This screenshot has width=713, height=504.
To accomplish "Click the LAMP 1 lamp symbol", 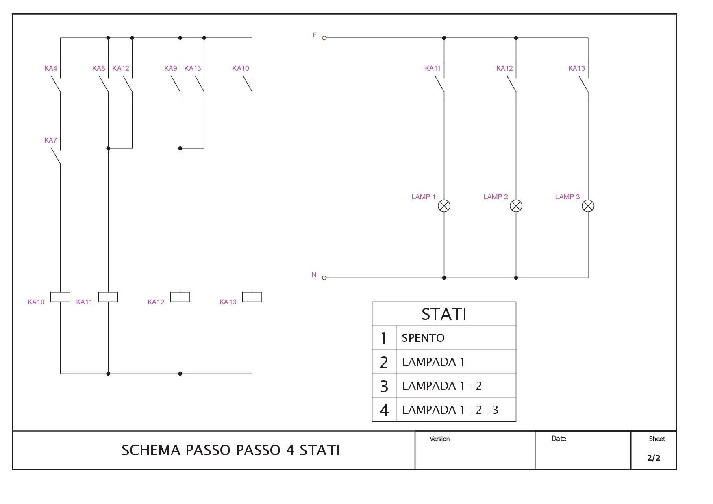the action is point(444,206).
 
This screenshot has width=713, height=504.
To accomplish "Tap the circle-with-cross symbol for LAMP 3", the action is point(588,206).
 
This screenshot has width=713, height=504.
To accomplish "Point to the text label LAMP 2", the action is point(496,197).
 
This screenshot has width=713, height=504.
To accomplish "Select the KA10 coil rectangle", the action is point(60,297).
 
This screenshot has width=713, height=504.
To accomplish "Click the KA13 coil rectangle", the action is point(252,297).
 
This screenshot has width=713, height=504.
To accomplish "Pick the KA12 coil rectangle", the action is point(180,297).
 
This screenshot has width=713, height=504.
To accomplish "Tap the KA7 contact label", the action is point(51,140).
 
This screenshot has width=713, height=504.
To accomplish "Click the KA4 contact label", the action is point(51,68).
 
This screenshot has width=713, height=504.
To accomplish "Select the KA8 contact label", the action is point(99,68).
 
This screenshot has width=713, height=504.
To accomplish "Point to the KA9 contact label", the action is point(171,68).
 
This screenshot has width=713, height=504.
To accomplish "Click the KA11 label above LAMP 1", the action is point(433,68).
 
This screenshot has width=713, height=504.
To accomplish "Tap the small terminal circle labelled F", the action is point(324,38).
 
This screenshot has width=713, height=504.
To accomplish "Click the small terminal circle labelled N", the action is point(324,278).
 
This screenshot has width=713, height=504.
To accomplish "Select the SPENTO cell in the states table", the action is point(456,338).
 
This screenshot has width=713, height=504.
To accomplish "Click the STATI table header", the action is point(444,314).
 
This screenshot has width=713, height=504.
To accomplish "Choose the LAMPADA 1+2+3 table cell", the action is point(456,410).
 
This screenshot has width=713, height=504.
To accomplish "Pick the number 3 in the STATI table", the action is point(384,386).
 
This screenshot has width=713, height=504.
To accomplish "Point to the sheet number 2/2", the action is point(654,458).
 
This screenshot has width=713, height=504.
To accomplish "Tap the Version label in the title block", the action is point(439,439).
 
